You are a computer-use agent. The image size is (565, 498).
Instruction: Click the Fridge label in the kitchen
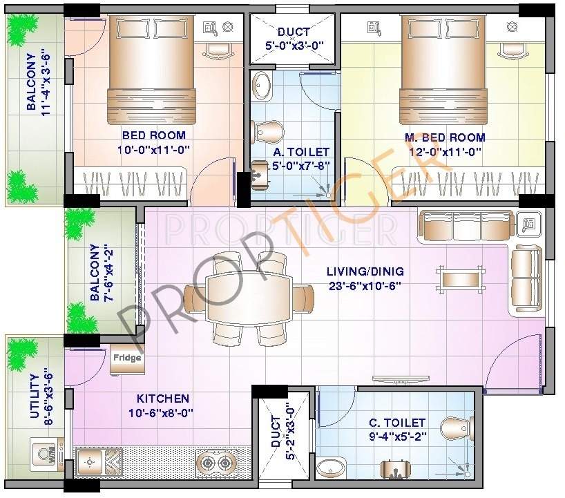coord(128,358)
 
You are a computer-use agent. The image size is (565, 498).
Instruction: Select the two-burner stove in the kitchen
coord(216,461)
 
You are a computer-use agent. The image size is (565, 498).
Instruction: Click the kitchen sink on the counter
coord(98,460)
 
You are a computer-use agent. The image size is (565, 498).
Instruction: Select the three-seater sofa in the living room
coord(465,226)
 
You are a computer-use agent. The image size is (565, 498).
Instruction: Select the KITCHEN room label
coord(162,399)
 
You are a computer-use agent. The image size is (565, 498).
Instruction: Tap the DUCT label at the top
coord(294,32)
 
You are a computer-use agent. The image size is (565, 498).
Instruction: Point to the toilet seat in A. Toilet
coord(268,130)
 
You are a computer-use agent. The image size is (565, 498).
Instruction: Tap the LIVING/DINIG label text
coord(365,271)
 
